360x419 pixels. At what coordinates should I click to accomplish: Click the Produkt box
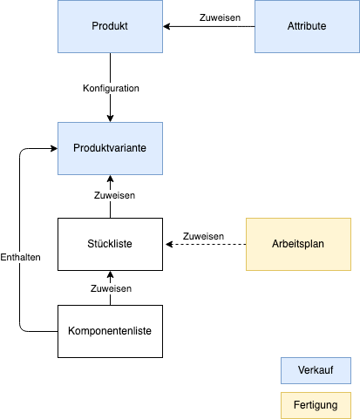tap(110, 26)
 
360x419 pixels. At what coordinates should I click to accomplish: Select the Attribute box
tap(307, 26)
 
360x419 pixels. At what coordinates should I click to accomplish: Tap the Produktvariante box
tap(110, 148)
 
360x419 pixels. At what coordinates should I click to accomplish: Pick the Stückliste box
tap(110, 244)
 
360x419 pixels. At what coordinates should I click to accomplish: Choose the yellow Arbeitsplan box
tap(298, 244)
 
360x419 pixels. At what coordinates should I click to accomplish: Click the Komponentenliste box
tap(110, 331)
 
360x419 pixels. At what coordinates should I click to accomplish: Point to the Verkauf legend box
tap(316, 370)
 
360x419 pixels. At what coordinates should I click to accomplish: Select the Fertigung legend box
tap(316, 405)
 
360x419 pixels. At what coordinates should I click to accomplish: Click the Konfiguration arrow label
tap(111, 88)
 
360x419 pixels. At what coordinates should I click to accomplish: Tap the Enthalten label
tap(20, 257)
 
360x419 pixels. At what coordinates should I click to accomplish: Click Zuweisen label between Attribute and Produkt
tap(220, 17)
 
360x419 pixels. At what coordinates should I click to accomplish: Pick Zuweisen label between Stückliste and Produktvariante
tap(114, 195)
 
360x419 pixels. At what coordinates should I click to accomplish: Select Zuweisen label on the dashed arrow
tap(203, 236)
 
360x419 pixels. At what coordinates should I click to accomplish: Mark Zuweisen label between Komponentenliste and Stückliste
tap(111, 288)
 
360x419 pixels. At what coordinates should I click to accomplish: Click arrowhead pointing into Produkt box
tap(166, 26)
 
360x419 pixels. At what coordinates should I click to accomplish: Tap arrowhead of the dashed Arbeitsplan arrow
tap(169, 244)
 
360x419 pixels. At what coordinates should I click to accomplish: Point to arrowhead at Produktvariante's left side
tap(54, 148)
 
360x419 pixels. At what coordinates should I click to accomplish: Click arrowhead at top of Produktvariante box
tap(110, 118)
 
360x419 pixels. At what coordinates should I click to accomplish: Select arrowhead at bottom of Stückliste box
tap(110, 274)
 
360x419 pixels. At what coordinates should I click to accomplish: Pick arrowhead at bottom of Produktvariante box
tap(110, 179)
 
